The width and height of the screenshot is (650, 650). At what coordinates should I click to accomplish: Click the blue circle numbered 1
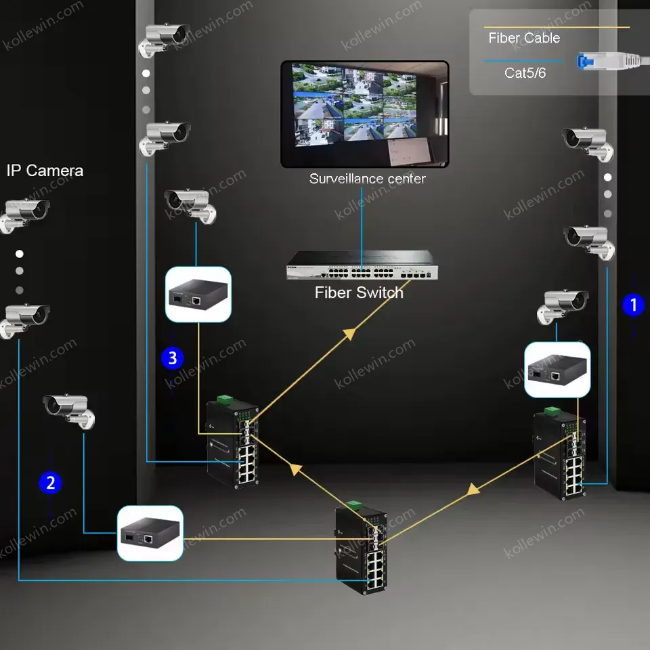(x=633, y=305)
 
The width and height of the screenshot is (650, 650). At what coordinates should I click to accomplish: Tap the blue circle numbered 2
(x=50, y=483)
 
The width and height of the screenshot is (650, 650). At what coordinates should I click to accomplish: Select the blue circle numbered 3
(x=173, y=357)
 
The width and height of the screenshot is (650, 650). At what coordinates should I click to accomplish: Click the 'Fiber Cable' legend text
(x=524, y=38)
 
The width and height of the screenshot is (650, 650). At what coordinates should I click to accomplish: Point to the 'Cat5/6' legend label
(x=525, y=73)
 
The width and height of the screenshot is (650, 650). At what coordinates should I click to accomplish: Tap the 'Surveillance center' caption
(x=367, y=179)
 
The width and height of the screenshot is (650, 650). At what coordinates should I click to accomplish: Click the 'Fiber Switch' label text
(x=359, y=292)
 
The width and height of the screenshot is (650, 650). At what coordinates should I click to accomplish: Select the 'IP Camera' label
(x=45, y=171)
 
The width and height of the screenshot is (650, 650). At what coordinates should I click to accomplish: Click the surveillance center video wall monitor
(x=365, y=114)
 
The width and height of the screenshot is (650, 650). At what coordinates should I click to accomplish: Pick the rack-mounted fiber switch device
(x=362, y=265)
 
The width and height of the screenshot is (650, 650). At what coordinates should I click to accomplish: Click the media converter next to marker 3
(x=198, y=295)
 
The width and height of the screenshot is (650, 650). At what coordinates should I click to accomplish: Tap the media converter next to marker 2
(x=150, y=533)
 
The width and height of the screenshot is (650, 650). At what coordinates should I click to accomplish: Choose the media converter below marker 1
(x=557, y=370)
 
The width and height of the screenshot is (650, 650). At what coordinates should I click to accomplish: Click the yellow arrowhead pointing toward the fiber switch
(x=350, y=333)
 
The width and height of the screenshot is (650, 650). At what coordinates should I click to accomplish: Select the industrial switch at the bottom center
(x=362, y=548)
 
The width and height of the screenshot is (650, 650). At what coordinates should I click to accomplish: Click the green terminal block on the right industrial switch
(x=552, y=412)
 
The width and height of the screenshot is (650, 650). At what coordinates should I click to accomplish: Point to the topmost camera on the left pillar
(x=164, y=39)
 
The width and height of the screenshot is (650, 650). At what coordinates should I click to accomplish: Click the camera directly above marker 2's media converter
(x=69, y=410)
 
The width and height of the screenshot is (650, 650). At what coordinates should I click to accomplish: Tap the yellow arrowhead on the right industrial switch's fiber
(x=473, y=490)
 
